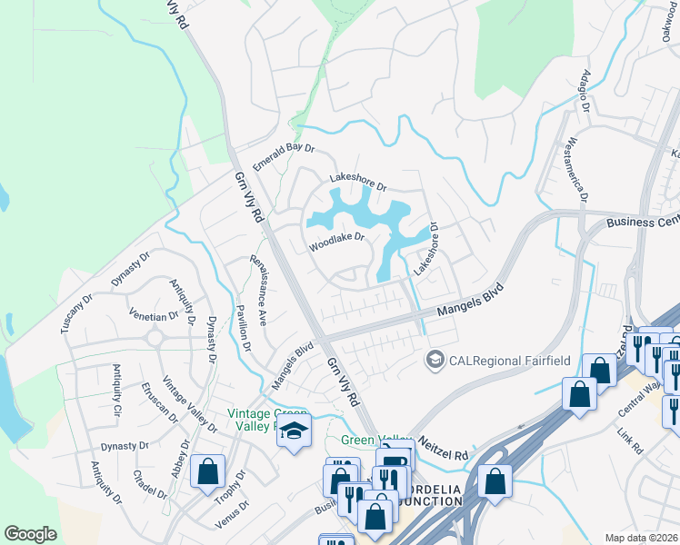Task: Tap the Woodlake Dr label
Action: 336,242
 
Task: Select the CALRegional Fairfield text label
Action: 510,361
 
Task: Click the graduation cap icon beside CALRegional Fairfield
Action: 435,361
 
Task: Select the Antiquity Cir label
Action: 116,390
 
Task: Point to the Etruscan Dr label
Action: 159,402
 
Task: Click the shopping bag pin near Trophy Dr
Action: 207,472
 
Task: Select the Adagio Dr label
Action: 586,93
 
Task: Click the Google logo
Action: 31,534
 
